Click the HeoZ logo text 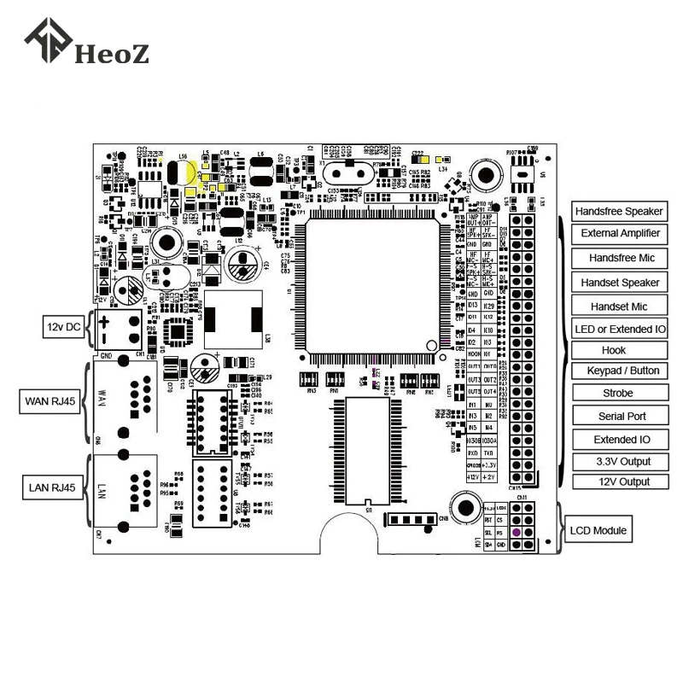[x=112, y=54]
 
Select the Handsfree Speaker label [x=619, y=212]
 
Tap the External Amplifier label [x=619, y=233]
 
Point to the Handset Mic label [x=619, y=306]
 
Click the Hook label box [x=614, y=350]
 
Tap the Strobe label [x=617, y=394]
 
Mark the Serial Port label [x=619, y=417]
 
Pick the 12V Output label [x=619, y=482]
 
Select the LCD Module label [x=598, y=531]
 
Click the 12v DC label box [x=63, y=327]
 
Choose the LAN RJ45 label [x=50, y=488]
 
